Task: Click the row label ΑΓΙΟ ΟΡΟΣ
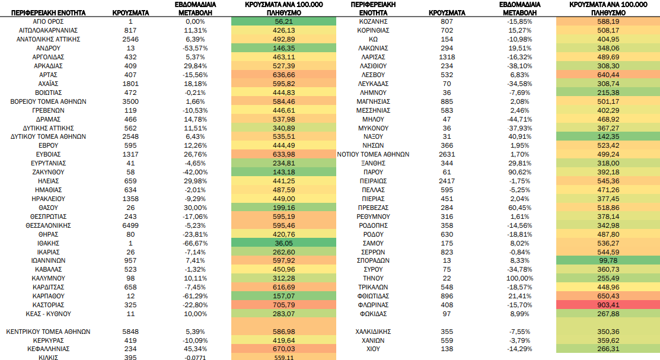click(48, 21)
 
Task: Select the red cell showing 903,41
click(608, 305)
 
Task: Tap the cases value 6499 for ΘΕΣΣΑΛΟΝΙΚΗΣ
click(130, 225)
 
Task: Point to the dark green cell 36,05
click(283, 243)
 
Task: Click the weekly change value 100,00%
click(519, 278)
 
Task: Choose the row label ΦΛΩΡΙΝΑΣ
click(373, 305)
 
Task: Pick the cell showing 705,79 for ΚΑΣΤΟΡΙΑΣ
click(283, 305)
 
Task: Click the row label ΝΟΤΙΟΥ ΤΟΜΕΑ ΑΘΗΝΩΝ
click(373, 155)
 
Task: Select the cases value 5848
click(130, 332)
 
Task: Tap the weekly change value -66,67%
click(195, 243)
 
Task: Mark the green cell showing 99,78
click(608, 260)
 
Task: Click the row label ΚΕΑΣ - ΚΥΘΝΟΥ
click(48, 314)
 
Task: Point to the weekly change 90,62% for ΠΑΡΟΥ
click(519, 172)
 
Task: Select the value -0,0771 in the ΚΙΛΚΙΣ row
click(195, 358)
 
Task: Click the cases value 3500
click(130, 101)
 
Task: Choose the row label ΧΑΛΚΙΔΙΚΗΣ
click(373, 332)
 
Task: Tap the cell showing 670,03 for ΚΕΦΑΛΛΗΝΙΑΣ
click(283, 349)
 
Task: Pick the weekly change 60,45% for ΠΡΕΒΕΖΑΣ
click(519, 208)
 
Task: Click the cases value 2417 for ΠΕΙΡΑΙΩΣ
click(447, 181)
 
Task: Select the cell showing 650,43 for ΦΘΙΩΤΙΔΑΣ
click(608, 296)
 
